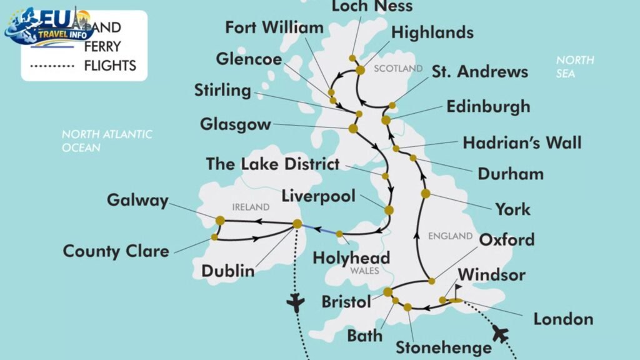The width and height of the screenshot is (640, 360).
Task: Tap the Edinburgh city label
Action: (488, 106)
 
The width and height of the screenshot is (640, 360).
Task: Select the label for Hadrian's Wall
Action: (522, 142)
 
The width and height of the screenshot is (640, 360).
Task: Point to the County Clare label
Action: (116, 251)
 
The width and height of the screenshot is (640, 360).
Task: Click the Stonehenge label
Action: (443, 347)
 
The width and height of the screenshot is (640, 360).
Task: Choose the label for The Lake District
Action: (272, 165)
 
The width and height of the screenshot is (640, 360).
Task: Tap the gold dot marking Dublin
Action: (297, 224)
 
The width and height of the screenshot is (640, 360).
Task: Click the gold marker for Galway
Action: (220, 220)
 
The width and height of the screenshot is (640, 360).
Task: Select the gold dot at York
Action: (426, 194)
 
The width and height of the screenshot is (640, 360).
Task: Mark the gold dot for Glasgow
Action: (352, 129)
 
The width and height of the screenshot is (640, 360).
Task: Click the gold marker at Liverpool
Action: (389, 211)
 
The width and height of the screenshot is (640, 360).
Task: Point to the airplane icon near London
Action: (499, 333)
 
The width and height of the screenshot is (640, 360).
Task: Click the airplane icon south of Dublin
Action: (294, 304)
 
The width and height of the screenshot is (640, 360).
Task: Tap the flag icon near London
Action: (457, 290)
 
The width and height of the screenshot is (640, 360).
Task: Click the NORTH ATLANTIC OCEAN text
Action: (106, 141)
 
